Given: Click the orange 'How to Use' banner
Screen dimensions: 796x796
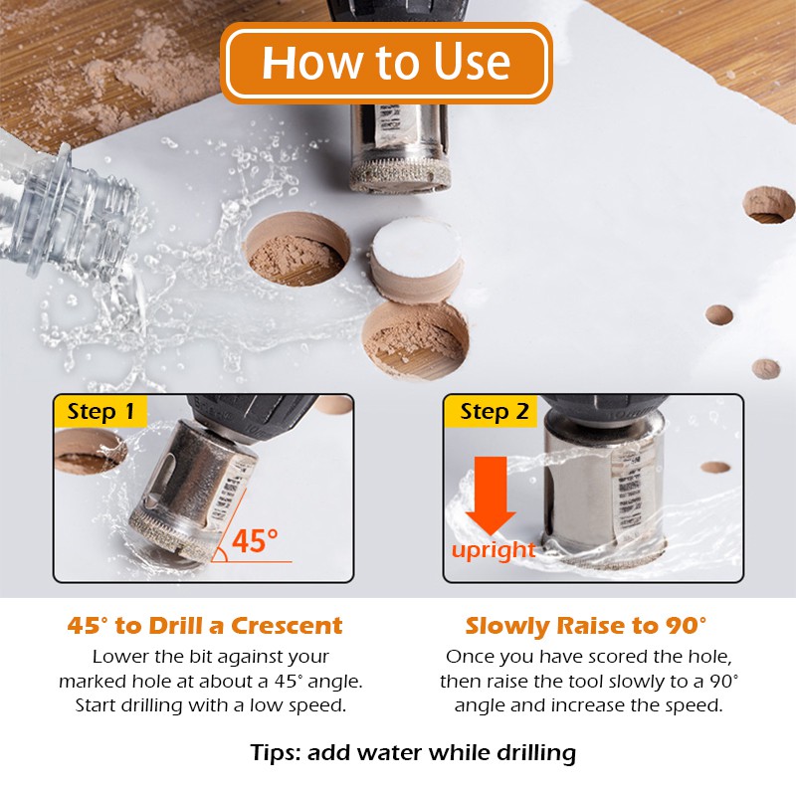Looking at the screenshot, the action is [386, 63].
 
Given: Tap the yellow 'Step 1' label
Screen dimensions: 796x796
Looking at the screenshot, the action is [100, 411].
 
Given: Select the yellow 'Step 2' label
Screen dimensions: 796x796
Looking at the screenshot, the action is [492, 411].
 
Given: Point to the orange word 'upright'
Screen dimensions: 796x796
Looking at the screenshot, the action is [494, 551].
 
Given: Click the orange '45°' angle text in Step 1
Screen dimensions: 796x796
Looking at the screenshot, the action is [255, 540].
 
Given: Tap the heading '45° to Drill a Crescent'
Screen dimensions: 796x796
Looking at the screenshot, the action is [205, 626].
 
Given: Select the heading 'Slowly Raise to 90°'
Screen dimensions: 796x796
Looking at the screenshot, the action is [586, 626].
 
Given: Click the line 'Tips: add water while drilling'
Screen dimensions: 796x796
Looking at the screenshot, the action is [413, 753].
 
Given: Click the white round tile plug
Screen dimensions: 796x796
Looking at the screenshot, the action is [416, 259].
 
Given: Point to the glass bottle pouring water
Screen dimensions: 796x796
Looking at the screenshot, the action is [64, 208].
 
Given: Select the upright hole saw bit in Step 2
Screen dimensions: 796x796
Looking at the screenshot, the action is [604, 488].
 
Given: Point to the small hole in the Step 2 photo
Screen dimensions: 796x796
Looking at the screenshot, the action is [715, 467].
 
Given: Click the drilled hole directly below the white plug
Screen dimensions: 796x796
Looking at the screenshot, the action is [415, 340].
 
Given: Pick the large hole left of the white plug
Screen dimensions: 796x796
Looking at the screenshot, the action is [298, 249].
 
